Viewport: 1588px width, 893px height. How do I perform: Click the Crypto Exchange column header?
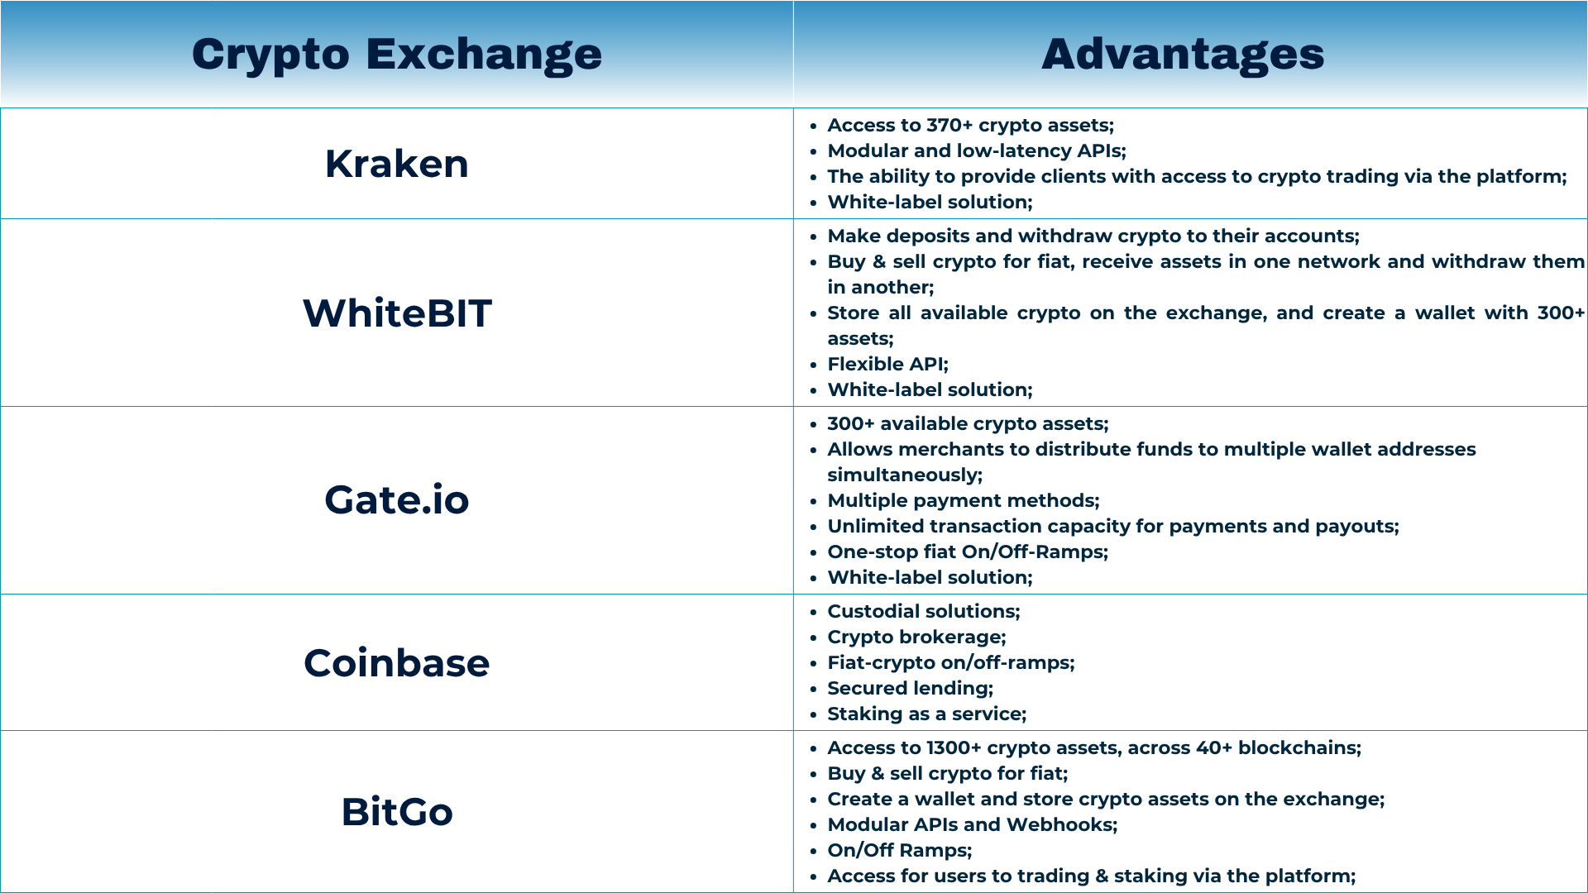pyautogui.click(x=397, y=55)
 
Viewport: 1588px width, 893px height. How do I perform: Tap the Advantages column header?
pyautogui.click(x=1183, y=55)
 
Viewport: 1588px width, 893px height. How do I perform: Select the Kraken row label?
pyautogui.click(x=397, y=164)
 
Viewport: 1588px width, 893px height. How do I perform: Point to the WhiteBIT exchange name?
pyautogui.click(x=397, y=313)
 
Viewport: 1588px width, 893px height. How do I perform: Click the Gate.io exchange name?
pyautogui.click(x=397, y=500)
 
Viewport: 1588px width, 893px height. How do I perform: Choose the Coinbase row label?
pyautogui.click(x=397, y=663)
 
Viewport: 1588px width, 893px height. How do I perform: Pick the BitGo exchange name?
pyautogui.click(x=397, y=812)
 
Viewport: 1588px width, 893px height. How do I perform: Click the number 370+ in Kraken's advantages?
pyautogui.click(x=949, y=125)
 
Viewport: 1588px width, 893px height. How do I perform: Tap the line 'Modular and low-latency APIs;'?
pyautogui.click(x=977, y=150)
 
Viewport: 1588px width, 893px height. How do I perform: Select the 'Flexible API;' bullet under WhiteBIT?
pyautogui.click(x=888, y=364)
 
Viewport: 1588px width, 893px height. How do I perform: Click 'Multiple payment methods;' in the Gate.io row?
pyautogui.click(x=964, y=500)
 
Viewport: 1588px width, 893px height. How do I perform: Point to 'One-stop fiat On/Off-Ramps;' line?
pyautogui.click(x=968, y=552)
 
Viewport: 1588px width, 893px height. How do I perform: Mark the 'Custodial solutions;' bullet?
pyautogui.click(x=924, y=611)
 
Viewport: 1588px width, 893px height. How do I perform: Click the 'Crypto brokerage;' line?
pyautogui.click(x=917, y=637)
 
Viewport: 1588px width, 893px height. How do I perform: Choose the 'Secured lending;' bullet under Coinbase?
pyautogui.click(x=911, y=688)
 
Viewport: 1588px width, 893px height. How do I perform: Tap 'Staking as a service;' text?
pyautogui.click(x=927, y=714)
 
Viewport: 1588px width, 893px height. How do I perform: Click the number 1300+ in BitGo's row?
pyautogui.click(x=954, y=747)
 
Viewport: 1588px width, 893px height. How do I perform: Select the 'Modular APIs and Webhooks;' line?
pyautogui.click(x=973, y=824)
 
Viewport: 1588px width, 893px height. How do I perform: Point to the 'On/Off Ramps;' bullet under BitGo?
pyautogui.click(x=900, y=850)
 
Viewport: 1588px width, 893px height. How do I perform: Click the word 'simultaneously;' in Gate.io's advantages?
pyautogui.click(x=905, y=475)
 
